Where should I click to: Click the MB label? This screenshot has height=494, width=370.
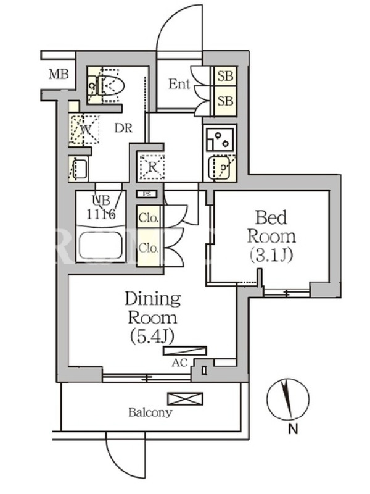(x=59, y=75)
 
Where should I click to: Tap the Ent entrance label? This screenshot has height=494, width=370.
(x=179, y=84)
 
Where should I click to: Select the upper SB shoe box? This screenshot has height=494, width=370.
(x=225, y=76)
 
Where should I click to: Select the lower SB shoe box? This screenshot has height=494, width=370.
(x=225, y=101)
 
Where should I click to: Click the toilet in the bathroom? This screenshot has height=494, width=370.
(x=111, y=85)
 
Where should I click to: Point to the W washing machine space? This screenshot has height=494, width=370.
(x=84, y=130)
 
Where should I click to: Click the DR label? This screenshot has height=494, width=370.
(x=123, y=128)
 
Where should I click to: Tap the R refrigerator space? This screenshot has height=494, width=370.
(x=152, y=167)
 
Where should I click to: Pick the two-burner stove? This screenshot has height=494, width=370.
(x=220, y=138)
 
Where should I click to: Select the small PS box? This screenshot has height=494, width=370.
(x=147, y=194)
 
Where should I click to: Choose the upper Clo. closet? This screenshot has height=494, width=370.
(x=148, y=217)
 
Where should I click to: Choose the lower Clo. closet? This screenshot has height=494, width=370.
(x=148, y=248)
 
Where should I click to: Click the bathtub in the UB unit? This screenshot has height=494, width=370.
(x=101, y=246)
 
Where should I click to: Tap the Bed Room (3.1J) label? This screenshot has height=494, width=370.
(x=271, y=237)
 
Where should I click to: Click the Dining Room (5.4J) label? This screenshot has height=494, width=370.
(x=152, y=317)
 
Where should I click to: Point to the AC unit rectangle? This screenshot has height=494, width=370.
(x=184, y=351)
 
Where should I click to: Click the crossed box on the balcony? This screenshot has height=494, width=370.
(x=185, y=398)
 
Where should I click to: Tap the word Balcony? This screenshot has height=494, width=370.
(x=150, y=412)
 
